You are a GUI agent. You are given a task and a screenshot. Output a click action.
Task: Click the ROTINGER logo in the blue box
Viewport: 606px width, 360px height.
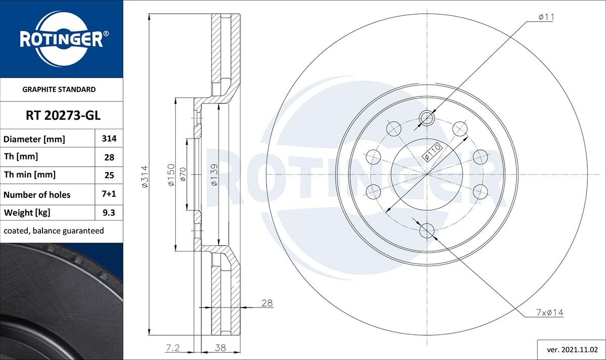pos(61,39)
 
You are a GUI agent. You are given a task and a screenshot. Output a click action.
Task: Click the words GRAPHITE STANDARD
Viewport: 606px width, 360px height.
pos(59,89)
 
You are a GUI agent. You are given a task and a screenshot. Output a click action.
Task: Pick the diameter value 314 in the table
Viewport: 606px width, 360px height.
pos(109,138)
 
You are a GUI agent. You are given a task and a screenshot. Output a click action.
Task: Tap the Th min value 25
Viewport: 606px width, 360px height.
pos(109,175)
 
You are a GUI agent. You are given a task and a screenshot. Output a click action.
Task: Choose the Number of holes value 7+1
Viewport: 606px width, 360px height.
pos(109,194)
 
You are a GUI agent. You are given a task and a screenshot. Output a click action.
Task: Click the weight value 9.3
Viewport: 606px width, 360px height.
pos(109,213)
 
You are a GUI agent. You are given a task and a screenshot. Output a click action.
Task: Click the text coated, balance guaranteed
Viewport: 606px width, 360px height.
pos(54,231)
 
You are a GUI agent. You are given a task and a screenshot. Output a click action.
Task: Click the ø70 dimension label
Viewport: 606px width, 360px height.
pos(183,174)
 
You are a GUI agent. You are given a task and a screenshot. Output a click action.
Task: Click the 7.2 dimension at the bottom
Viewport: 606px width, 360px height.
pos(172,347)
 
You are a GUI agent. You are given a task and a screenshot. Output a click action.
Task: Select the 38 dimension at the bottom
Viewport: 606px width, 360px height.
pos(221,347)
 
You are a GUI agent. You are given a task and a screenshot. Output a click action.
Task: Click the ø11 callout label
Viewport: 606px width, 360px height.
pos(546,17)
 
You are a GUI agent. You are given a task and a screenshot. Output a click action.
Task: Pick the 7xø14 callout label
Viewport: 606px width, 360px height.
pos(549,313)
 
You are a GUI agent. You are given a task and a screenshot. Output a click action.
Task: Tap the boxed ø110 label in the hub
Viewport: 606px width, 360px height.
pos(433,152)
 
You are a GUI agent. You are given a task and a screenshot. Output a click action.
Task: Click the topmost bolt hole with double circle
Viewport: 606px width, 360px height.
pos(427,118)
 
